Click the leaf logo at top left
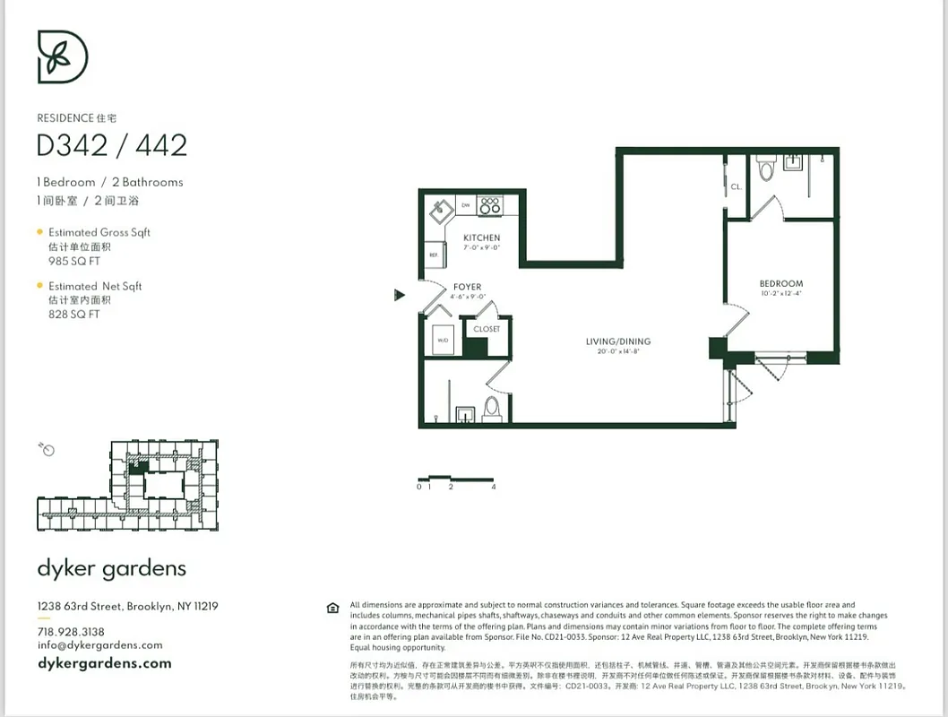(x=62, y=56)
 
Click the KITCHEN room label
(x=481, y=238)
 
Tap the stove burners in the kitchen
(x=489, y=205)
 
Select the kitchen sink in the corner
(x=440, y=212)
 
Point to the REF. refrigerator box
(x=433, y=255)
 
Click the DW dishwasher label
(x=465, y=205)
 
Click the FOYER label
(x=467, y=288)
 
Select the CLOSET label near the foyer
(x=487, y=329)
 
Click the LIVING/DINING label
(x=618, y=341)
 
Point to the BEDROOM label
(x=781, y=284)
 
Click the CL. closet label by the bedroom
(x=736, y=187)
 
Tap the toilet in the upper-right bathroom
(x=765, y=168)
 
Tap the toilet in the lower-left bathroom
(x=491, y=408)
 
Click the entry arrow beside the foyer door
(x=400, y=295)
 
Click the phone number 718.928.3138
(x=71, y=632)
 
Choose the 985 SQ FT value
(x=74, y=262)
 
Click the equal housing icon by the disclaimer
(x=333, y=609)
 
